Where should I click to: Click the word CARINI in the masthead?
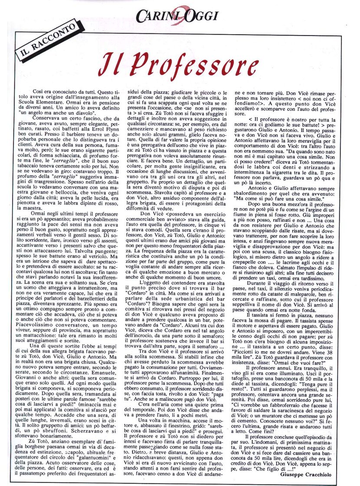[154, 16]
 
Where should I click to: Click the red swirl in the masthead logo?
[179, 16]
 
